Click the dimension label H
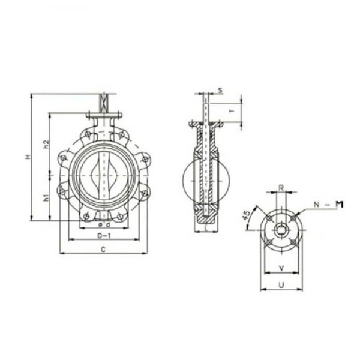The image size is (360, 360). pyautogui.click(x=27, y=157)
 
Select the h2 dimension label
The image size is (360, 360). pyautogui.click(x=46, y=145)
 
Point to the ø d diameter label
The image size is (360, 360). pyautogui.click(x=104, y=226)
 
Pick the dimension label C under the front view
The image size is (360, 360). pyautogui.click(x=103, y=248)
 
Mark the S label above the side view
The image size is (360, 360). pyautogui.click(x=220, y=90)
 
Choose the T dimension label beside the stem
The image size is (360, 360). pyautogui.click(x=232, y=110)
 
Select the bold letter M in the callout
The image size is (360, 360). pyautogui.click(x=338, y=205)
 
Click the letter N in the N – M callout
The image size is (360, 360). pyautogui.click(x=316, y=205)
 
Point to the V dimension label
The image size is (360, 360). pyautogui.click(x=281, y=268)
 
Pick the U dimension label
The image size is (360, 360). pyautogui.click(x=281, y=285)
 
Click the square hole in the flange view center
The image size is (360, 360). pyautogui.click(x=281, y=230)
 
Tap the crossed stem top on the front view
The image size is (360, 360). pyautogui.click(x=105, y=102)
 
